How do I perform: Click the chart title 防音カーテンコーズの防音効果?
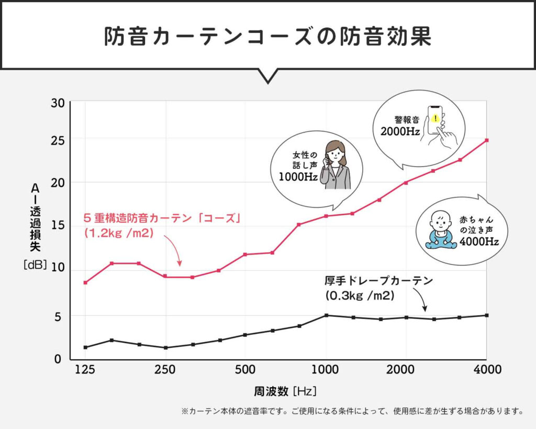267,36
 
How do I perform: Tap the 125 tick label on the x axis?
85,369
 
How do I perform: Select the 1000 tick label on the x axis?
326,369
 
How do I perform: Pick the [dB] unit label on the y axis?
36,265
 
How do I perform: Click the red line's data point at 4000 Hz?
487,140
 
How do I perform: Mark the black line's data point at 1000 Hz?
326,315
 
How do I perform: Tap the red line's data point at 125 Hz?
85,282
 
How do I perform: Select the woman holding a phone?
335,165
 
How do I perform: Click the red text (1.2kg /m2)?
118,233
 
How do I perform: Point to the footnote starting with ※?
352,411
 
